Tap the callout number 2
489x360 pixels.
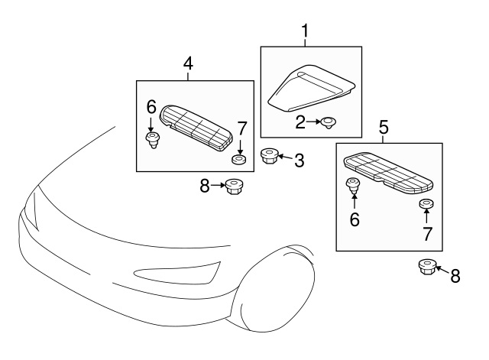click(x=300, y=121)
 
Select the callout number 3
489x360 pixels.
click(x=299, y=161)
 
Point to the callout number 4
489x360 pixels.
click(x=188, y=65)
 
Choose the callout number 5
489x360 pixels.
click(x=384, y=128)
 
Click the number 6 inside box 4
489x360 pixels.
click(x=151, y=107)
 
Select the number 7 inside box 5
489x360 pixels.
click(x=427, y=235)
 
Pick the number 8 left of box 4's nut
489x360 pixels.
click(x=205, y=185)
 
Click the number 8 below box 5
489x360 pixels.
click(x=455, y=276)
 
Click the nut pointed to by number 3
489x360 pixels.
click(x=269, y=156)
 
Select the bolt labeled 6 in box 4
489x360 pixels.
click(x=152, y=139)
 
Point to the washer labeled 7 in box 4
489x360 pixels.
click(x=239, y=160)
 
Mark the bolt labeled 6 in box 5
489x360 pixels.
click(x=355, y=185)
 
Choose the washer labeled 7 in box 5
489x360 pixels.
click(x=426, y=205)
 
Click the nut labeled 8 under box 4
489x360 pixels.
click(x=234, y=186)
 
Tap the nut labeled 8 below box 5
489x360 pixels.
click(x=426, y=268)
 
